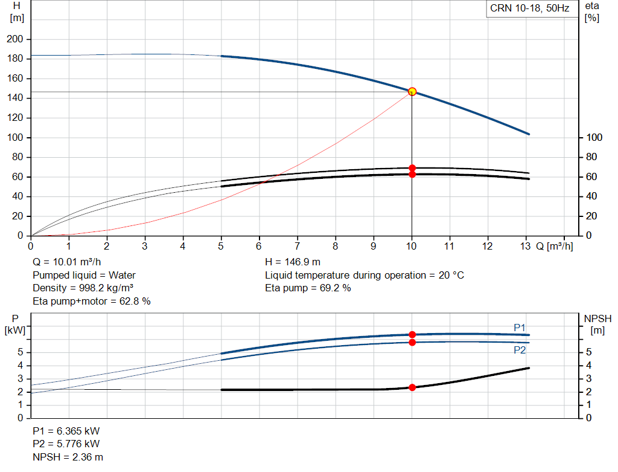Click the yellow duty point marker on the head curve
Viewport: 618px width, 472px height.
point(412,91)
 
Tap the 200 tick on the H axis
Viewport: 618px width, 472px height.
point(15,39)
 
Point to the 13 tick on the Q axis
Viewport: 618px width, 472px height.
point(526,246)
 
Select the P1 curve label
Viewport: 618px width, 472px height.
point(520,328)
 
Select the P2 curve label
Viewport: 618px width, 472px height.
point(520,350)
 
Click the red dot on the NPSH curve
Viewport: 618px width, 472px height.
point(412,387)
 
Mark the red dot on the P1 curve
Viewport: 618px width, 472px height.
point(412,335)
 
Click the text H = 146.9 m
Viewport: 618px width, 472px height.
point(293,262)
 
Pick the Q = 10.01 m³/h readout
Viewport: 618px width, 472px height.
point(66,262)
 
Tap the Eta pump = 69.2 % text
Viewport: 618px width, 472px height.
point(308,288)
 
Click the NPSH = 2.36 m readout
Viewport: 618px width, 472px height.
point(68,457)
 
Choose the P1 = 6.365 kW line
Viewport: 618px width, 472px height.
point(66,431)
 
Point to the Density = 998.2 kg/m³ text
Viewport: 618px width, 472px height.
point(83,288)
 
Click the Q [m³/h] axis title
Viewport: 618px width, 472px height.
point(555,246)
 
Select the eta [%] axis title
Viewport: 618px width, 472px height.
point(592,12)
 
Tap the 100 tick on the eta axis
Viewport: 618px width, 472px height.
point(594,137)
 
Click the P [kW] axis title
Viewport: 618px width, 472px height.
point(15,325)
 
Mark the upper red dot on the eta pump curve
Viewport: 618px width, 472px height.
point(412,168)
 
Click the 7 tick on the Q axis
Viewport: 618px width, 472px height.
point(297,246)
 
